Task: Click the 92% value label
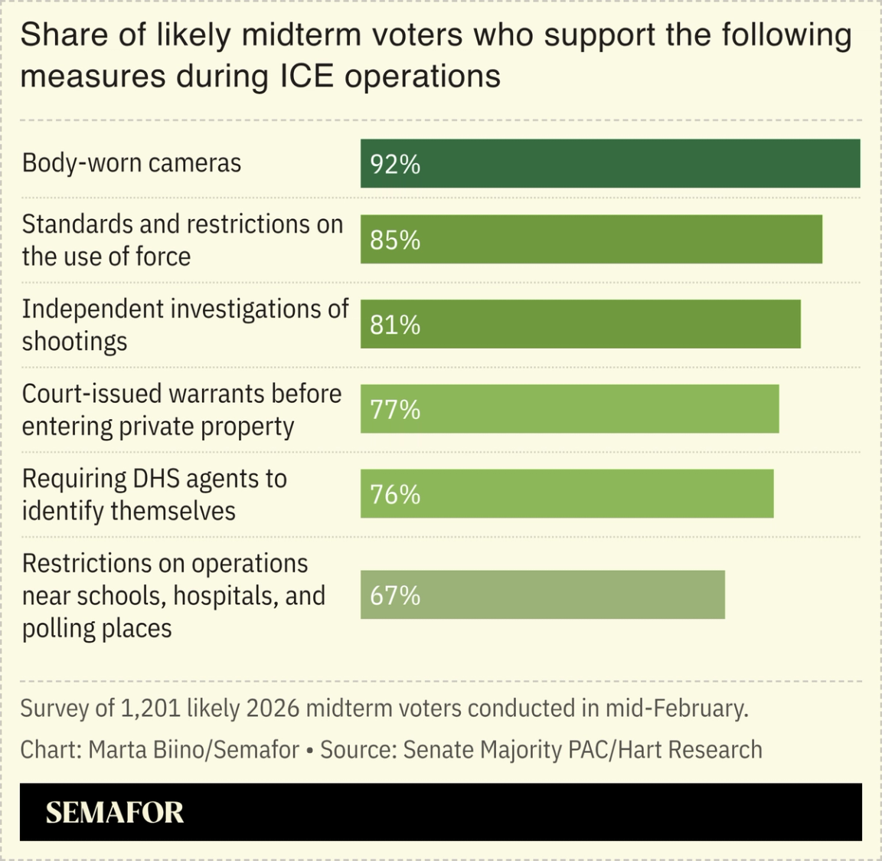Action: (x=395, y=164)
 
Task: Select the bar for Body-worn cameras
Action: (x=610, y=164)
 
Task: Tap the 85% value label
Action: (x=395, y=240)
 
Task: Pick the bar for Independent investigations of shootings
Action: (x=580, y=325)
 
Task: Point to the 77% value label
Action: (x=395, y=410)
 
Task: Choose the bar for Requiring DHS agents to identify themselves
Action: (x=567, y=495)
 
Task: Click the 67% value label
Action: (x=395, y=595)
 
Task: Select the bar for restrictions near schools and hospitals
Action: (x=542, y=595)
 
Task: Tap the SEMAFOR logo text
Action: (x=115, y=813)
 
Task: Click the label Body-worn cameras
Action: (x=132, y=163)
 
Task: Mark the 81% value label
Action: (x=395, y=325)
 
